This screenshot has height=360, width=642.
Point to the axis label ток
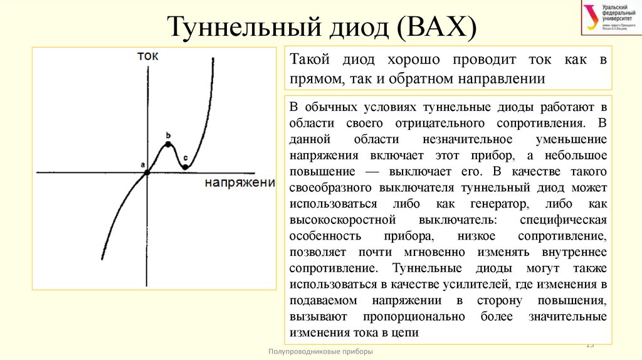click(148, 55)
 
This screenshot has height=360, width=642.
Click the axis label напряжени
click(240, 183)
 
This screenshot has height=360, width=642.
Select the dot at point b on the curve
click(168, 144)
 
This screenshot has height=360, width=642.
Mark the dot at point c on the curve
click(185, 167)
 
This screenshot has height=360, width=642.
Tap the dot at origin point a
click(147, 172)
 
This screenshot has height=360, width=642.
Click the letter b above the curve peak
click(168, 135)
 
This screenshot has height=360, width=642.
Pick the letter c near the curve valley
click(185, 157)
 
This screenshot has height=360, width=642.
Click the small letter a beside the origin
click(142, 165)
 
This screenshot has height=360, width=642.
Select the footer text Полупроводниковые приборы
click(320, 352)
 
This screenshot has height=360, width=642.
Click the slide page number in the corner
click(589, 345)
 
